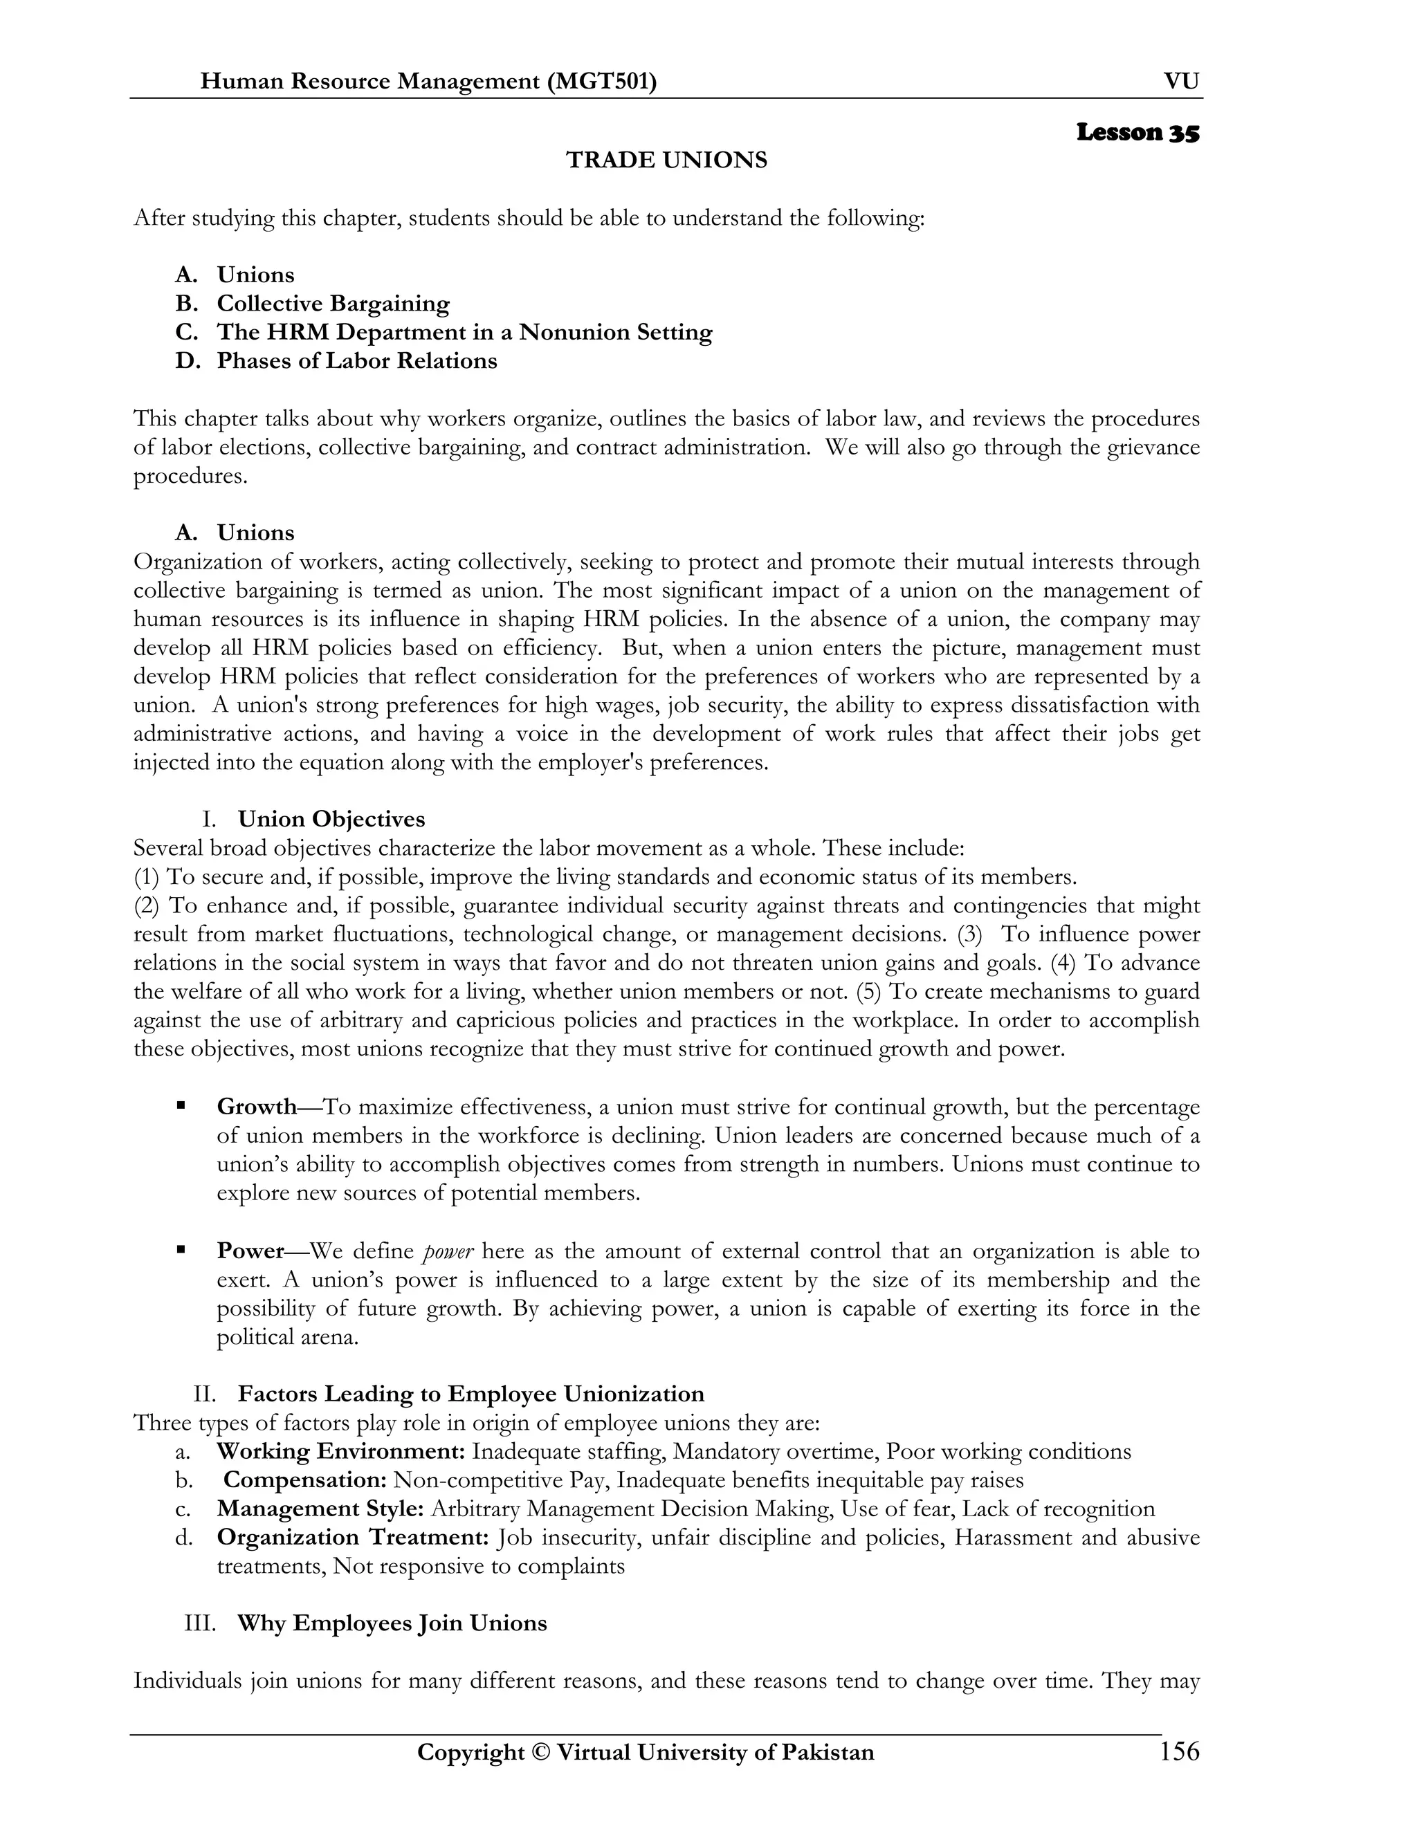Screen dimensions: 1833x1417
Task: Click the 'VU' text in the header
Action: [x=1181, y=82]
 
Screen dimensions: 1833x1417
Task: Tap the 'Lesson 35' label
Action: [x=1137, y=133]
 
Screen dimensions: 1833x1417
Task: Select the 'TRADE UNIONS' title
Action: [x=666, y=160]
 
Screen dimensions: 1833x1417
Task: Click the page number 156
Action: [x=1178, y=1753]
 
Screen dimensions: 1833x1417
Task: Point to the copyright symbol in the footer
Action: [x=538, y=1753]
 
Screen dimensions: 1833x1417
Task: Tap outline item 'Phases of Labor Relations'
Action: [x=357, y=361]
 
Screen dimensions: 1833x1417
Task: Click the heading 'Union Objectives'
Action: [x=331, y=819]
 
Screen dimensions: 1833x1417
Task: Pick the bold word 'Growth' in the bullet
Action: [x=257, y=1106]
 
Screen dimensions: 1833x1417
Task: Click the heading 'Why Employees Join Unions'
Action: [x=392, y=1623]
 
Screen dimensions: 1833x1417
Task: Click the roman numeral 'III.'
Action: [x=200, y=1623]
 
